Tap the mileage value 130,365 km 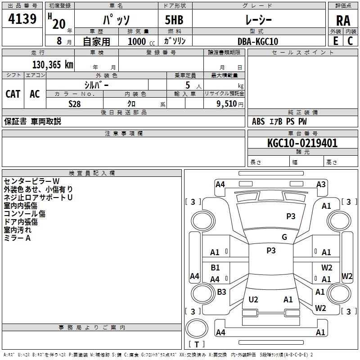(52, 65)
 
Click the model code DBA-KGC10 (257, 41)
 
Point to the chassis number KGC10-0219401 (302, 143)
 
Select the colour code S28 (75, 103)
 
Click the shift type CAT (13, 94)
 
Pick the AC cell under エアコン (35, 94)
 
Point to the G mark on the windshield (284, 237)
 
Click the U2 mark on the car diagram (253, 300)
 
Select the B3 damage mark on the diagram (221, 292)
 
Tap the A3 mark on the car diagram (321, 184)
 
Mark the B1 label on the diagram (215, 268)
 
